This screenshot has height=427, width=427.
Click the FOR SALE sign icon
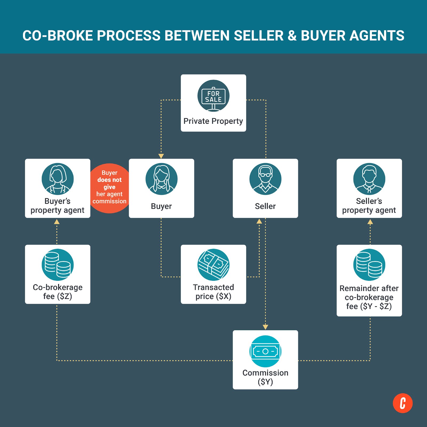(213, 96)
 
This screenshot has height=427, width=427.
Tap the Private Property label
(213, 121)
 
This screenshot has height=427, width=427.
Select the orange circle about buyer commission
(109, 188)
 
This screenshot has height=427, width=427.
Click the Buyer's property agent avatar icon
(58, 179)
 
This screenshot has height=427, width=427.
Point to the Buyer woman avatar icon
(161, 179)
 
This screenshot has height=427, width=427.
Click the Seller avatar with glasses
(265, 179)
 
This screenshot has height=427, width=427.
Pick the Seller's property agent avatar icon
(369, 179)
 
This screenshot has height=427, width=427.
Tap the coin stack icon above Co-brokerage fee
(58, 265)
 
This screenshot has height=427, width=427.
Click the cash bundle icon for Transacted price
(213, 265)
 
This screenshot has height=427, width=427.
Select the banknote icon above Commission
(265, 351)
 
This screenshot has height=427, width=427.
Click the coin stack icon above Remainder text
(369, 265)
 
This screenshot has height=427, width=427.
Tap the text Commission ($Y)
(265, 377)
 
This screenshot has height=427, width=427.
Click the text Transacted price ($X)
(213, 292)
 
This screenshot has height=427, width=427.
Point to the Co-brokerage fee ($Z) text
(58, 292)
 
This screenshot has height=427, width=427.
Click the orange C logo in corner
(402, 403)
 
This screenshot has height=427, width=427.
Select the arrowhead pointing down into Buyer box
(161, 156)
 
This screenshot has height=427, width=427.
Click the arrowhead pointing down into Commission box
(265, 327)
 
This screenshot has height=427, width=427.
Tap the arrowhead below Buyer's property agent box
(57, 222)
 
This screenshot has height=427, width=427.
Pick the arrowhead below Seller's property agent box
(370, 222)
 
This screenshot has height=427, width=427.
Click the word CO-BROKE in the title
(58, 35)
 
